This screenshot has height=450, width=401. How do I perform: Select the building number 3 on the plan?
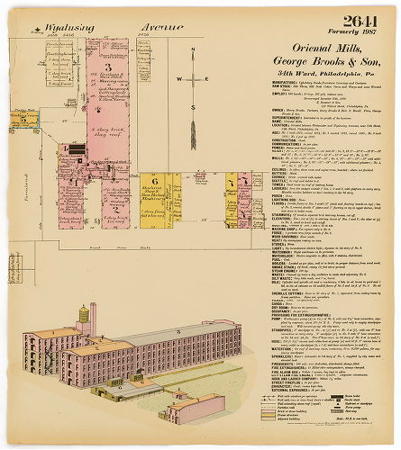[x=108, y=67]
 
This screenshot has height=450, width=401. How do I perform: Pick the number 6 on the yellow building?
[x=155, y=180]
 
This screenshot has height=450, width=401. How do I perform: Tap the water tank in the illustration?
[x=90, y=314]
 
